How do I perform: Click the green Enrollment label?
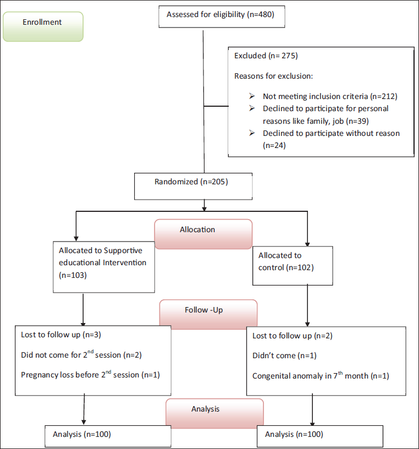[x=43, y=26]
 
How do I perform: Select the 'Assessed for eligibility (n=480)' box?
[x=222, y=17]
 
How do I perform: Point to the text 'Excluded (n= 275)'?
[x=266, y=56]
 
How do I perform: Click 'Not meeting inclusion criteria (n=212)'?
[x=330, y=96]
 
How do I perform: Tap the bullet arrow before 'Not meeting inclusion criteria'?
[x=252, y=96]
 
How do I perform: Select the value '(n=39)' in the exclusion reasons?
[x=357, y=121]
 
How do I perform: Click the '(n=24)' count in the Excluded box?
[x=274, y=145]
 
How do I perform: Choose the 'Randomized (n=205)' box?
[x=193, y=187]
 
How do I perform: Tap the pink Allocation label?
[x=203, y=234]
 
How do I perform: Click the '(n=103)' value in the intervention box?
[x=73, y=275]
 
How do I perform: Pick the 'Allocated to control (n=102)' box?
[x=293, y=266]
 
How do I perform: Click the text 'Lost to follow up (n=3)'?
[x=61, y=335]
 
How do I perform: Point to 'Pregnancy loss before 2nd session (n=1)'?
[x=90, y=374]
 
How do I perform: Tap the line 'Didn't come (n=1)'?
[x=284, y=355]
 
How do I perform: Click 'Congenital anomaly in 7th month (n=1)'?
[x=321, y=375]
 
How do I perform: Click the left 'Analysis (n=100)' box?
[x=108, y=436]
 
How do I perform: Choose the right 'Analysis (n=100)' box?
[x=320, y=436]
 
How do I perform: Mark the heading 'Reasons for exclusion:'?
[x=274, y=76]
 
